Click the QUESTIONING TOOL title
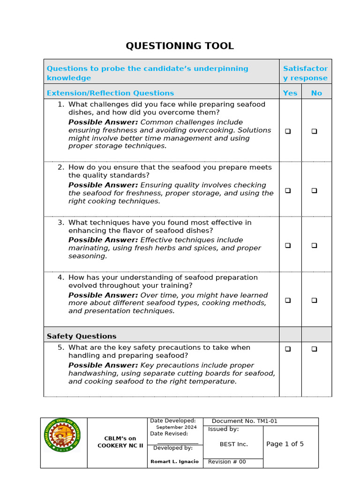tap(180, 46)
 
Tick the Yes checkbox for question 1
tap(288, 131)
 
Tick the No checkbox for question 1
tap(314, 131)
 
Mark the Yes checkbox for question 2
tap(288, 190)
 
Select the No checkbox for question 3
tap(314, 245)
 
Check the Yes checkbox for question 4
tap(288, 300)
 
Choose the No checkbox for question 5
tap(314, 349)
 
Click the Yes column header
tap(290, 93)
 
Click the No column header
tap(316, 93)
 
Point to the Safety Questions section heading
tap(82, 336)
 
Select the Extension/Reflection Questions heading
tap(110, 93)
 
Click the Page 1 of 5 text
tap(285, 444)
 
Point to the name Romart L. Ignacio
tap(174, 462)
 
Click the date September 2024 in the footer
tap(176, 427)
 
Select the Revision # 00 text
tap(227, 462)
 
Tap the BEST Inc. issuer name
tap(233, 444)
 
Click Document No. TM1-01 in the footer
tap(244, 421)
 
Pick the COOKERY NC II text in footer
tap(120, 445)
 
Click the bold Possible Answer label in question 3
tap(103, 240)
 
